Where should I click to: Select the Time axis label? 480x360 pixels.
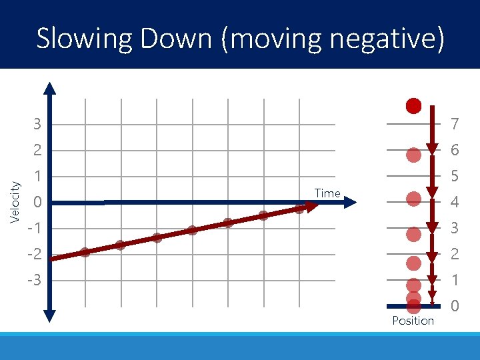point(327,193)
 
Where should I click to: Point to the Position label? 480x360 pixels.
point(413,321)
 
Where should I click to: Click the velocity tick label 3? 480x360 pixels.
point(38,125)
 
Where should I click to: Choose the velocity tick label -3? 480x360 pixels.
point(34,281)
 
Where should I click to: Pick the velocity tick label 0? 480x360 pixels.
point(38,203)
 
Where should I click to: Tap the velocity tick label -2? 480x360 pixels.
point(34,255)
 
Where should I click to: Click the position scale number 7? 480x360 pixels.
point(454,125)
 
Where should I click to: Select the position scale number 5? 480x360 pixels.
point(454,177)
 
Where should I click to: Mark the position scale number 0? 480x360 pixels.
point(454,307)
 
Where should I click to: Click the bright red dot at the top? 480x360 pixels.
point(413,105)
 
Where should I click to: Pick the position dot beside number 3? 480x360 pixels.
point(413,234)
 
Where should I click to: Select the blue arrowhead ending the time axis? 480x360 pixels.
point(351,203)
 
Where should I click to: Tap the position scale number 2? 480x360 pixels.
point(454,255)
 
